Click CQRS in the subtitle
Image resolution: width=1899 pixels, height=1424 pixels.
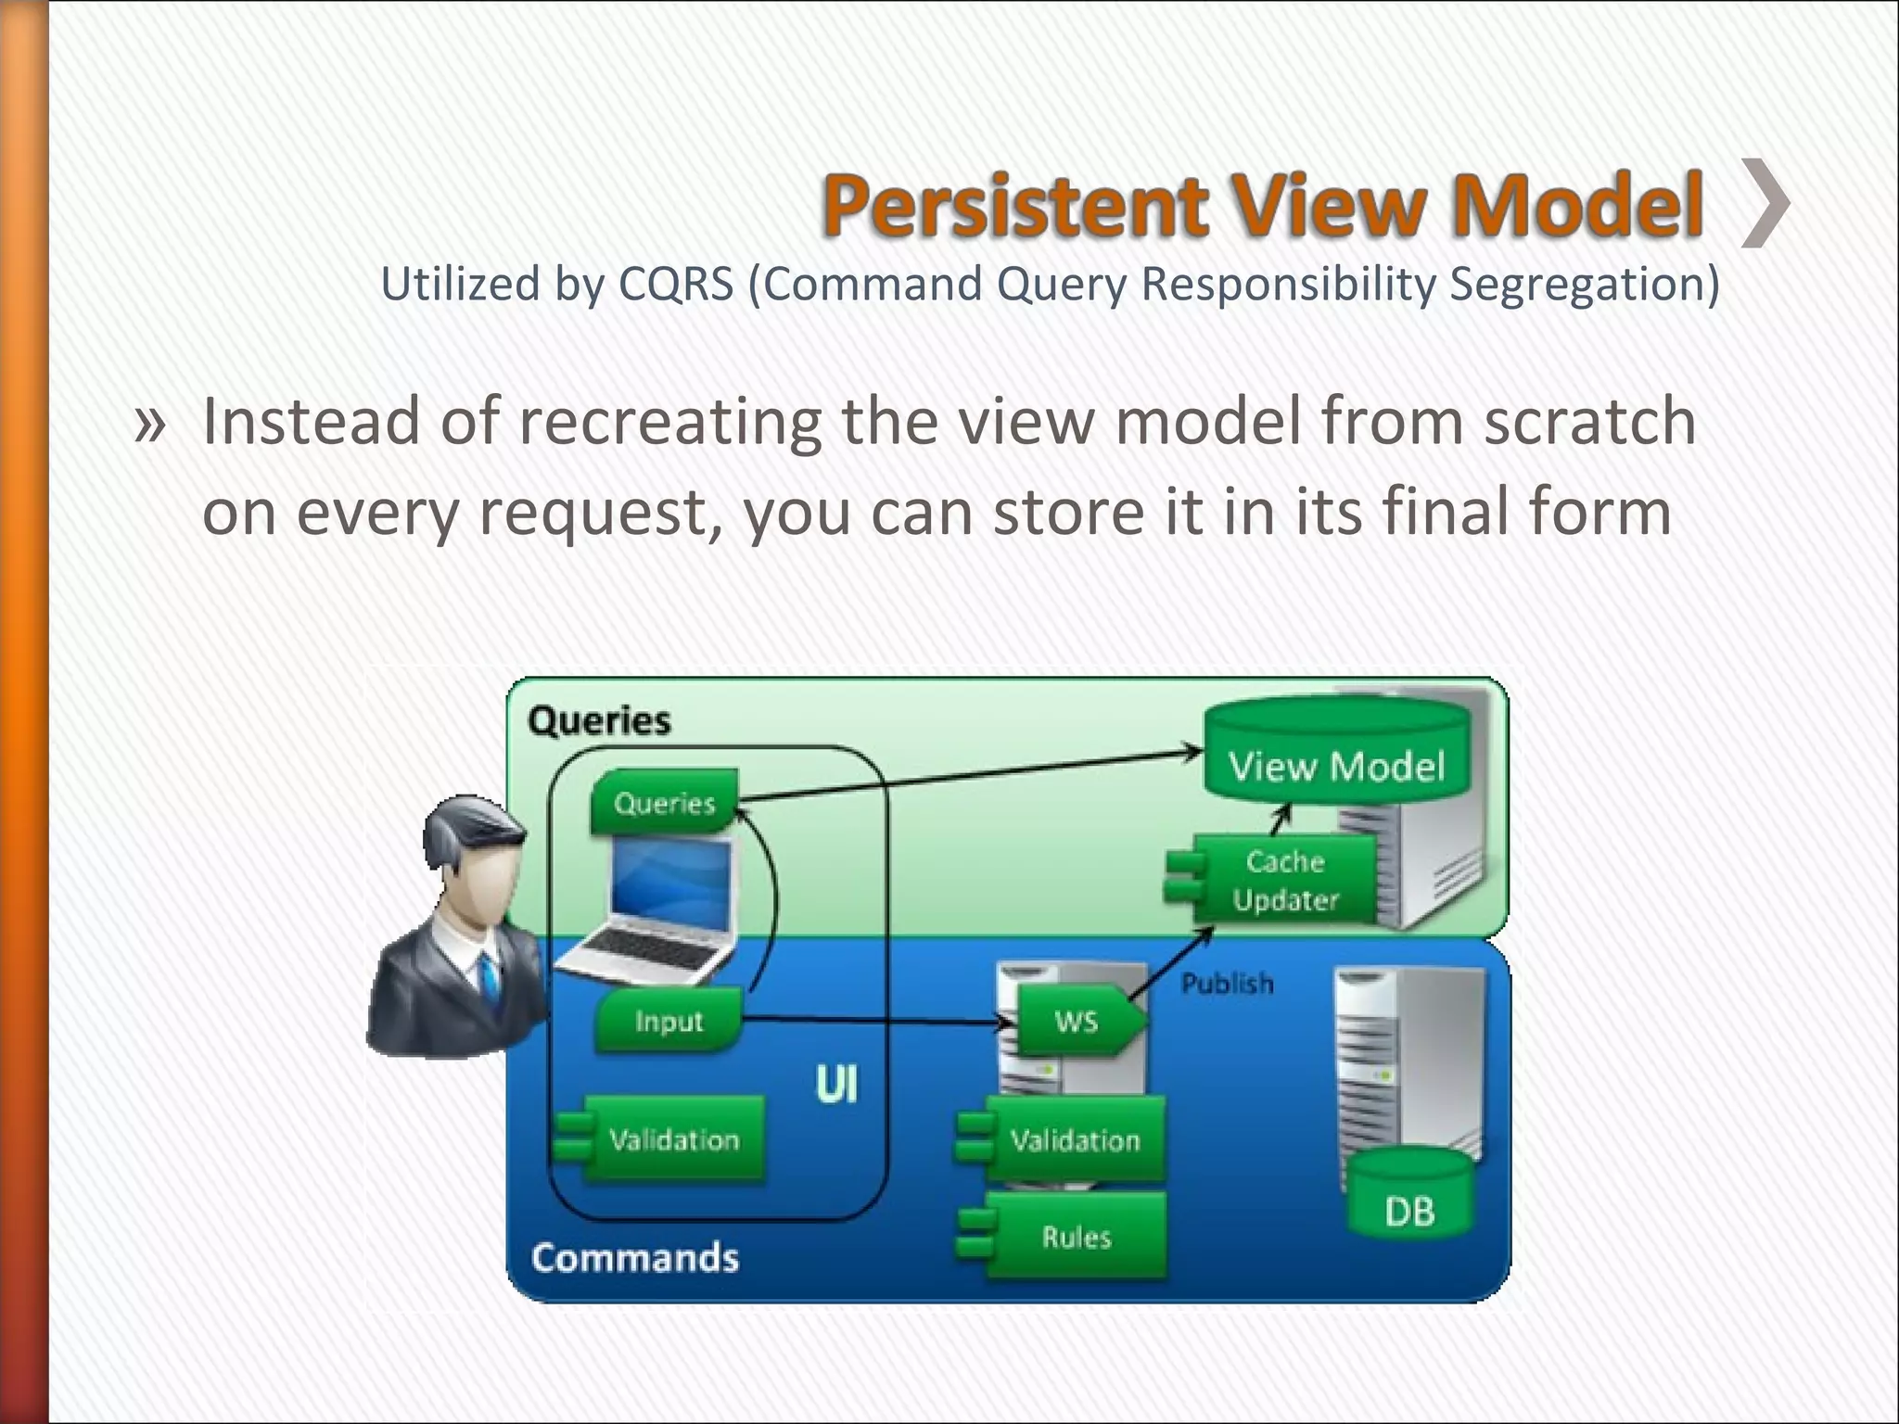676,284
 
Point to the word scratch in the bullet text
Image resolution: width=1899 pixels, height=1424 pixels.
1589,422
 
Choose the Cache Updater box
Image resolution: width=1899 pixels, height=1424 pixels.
1284,880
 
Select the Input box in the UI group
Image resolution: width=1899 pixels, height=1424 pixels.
669,1021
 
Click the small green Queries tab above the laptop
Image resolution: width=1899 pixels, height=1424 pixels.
664,802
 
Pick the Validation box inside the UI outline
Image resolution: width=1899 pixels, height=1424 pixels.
671,1138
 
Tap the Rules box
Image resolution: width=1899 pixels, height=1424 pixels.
1075,1237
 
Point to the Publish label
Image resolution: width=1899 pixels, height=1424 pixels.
1226,983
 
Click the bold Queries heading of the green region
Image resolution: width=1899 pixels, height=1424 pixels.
599,720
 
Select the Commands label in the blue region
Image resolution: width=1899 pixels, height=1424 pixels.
635,1258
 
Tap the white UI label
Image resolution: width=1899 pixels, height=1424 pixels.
836,1085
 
